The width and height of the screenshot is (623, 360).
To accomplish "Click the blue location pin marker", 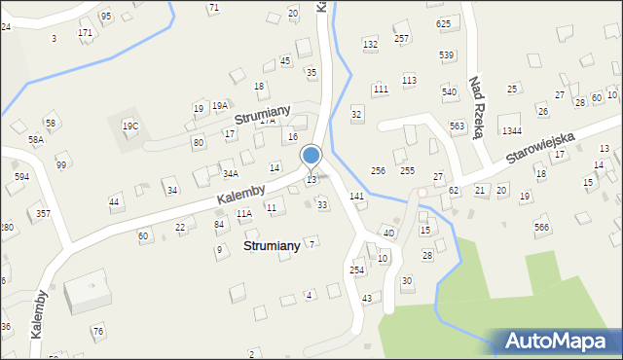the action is click(311, 156).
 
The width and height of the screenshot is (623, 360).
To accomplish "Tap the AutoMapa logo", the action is click(552, 342).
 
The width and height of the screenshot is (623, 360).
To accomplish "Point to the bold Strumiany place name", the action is click(272, 246).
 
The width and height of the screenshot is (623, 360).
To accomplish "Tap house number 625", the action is click(444, 23).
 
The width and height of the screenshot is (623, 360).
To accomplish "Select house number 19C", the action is click(129, 126).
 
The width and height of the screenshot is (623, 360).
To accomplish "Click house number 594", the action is click(21, 177).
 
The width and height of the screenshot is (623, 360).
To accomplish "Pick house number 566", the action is click(541, 227).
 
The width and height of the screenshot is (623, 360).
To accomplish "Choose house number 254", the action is click(357, 270).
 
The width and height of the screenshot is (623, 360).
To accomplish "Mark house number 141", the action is click(357, 197).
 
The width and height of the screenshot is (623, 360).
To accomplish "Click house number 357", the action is click(43, 213).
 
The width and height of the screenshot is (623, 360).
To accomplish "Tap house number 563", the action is click(457, 126).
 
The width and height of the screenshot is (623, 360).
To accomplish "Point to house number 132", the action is click(370, 45).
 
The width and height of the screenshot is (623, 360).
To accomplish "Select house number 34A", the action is click(231, 174).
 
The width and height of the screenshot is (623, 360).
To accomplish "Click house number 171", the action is click(86, 33).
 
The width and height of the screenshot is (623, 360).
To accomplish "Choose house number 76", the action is click(98, 332).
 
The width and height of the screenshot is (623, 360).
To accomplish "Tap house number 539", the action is click(447, 54).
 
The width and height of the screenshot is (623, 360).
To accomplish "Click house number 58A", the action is click(36, 140).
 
